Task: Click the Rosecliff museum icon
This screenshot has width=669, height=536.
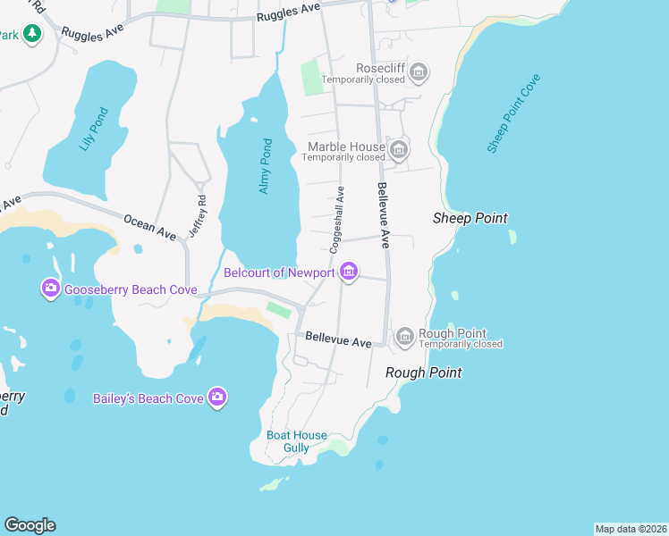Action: point(419,71)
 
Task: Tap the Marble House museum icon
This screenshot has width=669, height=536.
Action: point(399,148)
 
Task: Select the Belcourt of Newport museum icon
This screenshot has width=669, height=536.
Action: point(349,272)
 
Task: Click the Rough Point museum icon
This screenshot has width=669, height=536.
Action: point(405,336)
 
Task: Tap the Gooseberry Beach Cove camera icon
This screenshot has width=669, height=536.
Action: point(50,288)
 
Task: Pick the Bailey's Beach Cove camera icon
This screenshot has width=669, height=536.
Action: point(216,398)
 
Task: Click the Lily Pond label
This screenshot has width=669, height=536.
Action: point(94,130)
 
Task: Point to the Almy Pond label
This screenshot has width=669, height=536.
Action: point(265,165)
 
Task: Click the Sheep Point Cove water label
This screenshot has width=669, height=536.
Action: point(514,113)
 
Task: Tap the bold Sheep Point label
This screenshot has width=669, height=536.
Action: point(470,218)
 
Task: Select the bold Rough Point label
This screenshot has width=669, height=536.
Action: point(423,373)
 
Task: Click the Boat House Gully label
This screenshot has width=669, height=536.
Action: point(297,441)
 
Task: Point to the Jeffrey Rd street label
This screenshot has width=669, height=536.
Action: point(198,216)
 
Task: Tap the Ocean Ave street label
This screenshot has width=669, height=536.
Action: point(150,225)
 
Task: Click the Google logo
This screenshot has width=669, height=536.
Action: point(30,525)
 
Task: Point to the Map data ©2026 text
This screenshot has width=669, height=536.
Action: point(631,529)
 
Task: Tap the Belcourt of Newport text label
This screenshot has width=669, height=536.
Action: point(279,272)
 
